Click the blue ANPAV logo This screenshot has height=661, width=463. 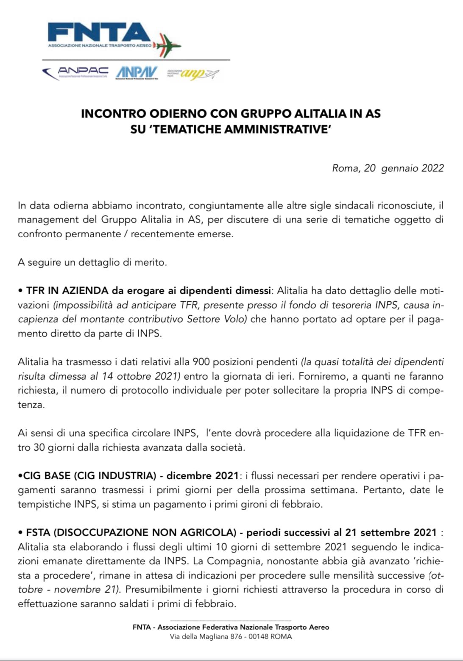(137, 72)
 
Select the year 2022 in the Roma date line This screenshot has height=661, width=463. (432, 168)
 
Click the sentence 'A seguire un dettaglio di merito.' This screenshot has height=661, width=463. (92, 262)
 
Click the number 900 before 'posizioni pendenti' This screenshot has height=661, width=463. (201, 362)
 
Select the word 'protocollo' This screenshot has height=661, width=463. (143, 390)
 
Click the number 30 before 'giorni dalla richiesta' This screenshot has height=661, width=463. (39, 447)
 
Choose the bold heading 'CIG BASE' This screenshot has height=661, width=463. (47, 476)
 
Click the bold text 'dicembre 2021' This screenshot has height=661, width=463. (202, 476)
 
